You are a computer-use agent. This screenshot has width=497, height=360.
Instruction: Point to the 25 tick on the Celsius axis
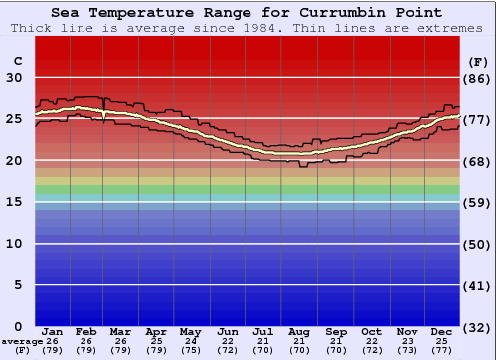click(x=14, y=119)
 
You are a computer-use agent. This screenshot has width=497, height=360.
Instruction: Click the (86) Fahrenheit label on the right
click(x=478, y=79)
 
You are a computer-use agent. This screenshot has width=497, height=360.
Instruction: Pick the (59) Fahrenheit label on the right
click(x=478, y=203)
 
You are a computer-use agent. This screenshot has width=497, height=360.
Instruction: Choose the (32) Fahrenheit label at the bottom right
click(x=478, y=327)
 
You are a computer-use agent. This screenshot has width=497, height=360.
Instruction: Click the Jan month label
click(x=53, y=331)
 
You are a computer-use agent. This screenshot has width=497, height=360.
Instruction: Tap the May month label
click(x=190, y=331)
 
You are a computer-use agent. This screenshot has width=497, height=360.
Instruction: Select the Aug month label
click(x=299, y=331)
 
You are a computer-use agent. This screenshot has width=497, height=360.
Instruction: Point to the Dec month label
click(x=443, y=331)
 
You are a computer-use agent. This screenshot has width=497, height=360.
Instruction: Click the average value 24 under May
click(x=190, y=341)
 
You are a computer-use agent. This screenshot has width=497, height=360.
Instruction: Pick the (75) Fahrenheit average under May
click(x=190, y=350)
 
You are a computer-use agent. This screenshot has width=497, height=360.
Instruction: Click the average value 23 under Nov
click(x=408, y=341)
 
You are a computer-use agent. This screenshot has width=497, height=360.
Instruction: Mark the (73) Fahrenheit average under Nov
click(x=408, y=350)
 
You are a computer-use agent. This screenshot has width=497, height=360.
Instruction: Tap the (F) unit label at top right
click(x=478, y=62)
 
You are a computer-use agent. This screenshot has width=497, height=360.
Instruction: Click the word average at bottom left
click(x=22, y=341)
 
